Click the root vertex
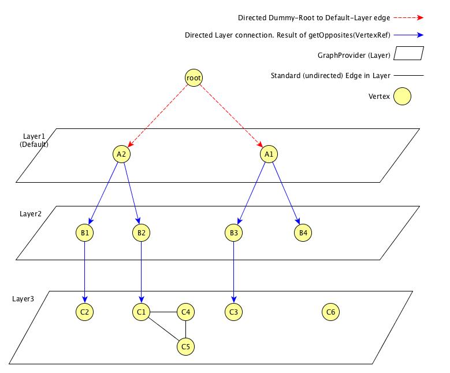pos(194,77)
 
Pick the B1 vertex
pos(84,233)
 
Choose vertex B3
pos(233,233)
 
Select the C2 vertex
pos(84,312)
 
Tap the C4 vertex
pos(185,312)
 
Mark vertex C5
pos(185,346)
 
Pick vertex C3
pos(233,312)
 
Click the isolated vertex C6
pos(330,312)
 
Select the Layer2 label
pos(31,213)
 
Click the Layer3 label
pos(23,299)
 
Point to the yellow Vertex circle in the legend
pos(402,96)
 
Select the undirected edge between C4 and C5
pos(185,330)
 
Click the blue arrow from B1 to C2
pos(84,272)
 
